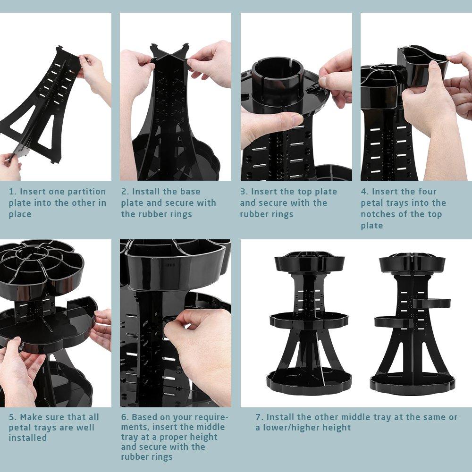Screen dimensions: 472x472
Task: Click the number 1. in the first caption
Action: click(13, 192)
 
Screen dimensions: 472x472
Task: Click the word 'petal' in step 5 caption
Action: click(20, 428)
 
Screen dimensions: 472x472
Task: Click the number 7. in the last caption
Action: click(259, 417)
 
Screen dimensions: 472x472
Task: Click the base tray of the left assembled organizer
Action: click(309, 380)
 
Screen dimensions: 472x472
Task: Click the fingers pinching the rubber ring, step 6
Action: click(189, 323)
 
